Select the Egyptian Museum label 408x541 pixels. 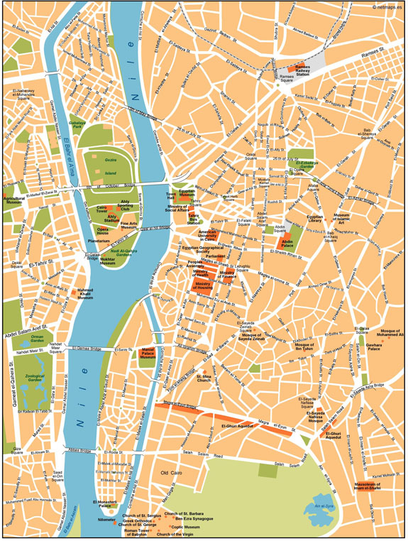(187, 193)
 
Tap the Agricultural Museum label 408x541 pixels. (13, 202)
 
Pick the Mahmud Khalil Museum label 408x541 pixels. (84, 295)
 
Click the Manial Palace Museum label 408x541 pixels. (148, 355)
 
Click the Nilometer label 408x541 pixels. (106, 519)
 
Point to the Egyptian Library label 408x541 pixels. (314, 219)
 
